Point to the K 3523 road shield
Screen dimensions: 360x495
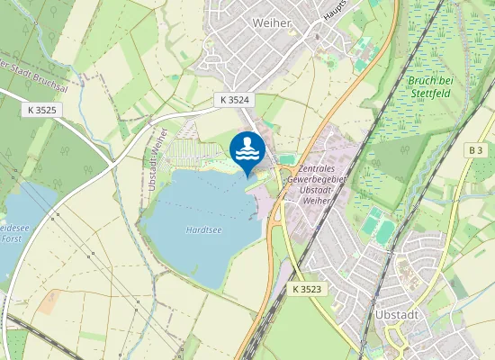point(307,289)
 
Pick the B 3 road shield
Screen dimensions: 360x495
point(475,148)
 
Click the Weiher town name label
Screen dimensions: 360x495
point(273,22)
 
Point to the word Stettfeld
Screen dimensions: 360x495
point(429,91)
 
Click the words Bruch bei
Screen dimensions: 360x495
point(429,80)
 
